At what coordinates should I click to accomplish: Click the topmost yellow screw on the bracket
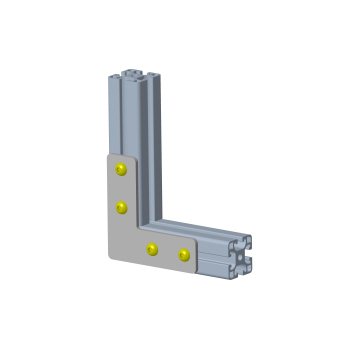pos(121,169)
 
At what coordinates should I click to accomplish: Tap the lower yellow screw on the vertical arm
pos(122,207)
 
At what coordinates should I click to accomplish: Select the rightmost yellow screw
pos(184,255)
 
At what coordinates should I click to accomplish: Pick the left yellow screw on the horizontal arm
pos(152,248)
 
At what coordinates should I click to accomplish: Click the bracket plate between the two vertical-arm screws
pos(120,188)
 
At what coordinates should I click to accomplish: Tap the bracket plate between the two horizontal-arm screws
pos(168,252)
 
